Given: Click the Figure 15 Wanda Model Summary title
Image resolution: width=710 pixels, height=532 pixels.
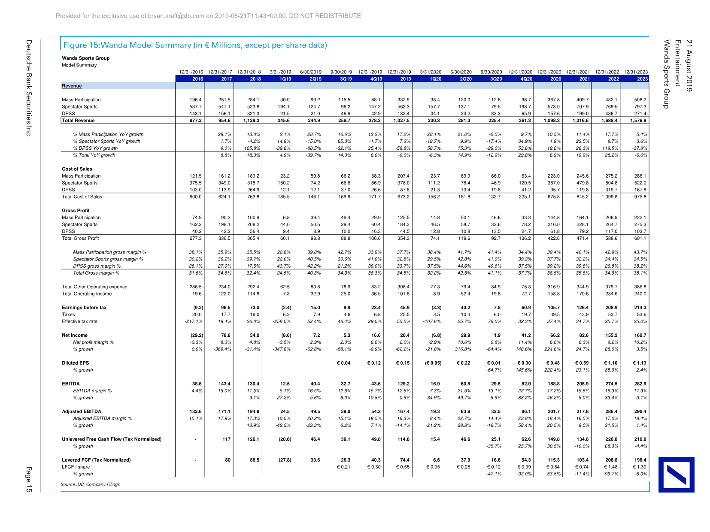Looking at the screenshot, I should pyautogui.click(x=195, y=45).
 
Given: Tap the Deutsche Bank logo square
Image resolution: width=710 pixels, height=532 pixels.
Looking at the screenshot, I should pyautogui.click(x=676, y=474).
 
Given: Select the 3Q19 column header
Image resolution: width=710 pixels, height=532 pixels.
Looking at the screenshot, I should pyautogui.click(x=346, y=79).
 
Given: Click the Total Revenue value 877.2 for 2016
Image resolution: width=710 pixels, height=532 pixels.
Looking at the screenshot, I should pyautogui.click(x=196, y=121).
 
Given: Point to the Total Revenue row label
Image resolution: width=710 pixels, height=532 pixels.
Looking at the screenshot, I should pyautogui.click(x=78, y=121).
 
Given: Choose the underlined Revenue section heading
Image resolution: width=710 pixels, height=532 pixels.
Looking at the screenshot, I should pyautogui.click(x=72, y=86).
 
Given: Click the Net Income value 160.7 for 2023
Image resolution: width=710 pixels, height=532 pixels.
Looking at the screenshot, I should pyautogui.click(x=640, y=336).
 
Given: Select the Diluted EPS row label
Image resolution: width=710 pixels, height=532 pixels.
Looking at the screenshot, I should pyautogui.click(x=76, y=363).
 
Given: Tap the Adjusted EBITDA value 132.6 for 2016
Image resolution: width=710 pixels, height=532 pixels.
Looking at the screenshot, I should pyautogui.click(x=196, y=411).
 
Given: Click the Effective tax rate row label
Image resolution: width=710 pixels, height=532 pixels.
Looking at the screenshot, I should pyautogui.click(x=79, y=321).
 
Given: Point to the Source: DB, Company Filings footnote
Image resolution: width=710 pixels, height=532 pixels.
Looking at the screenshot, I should pyautogui.click(x=90, y=484).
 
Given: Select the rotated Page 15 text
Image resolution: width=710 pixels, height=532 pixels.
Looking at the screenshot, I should pyautogui.click(x=29, y=479).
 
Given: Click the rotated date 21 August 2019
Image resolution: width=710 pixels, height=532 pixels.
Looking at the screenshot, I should pyautogui.click(x=689, y=66).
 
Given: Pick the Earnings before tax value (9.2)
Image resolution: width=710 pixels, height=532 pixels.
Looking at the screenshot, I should pyautogui.click(x=197, y=308).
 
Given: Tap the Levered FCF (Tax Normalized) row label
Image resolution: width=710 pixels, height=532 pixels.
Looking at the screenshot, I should pyautogui.click(x=96, y=460).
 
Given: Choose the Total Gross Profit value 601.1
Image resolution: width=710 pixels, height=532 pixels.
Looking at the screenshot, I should pyautogui.click(x=640, y=239).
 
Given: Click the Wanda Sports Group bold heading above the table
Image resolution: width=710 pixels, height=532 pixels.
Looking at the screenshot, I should pyautogui.click(x=86, y=58).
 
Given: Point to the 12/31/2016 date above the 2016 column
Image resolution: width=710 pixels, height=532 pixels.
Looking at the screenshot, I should pyautogui.click(x=191, y=72).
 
